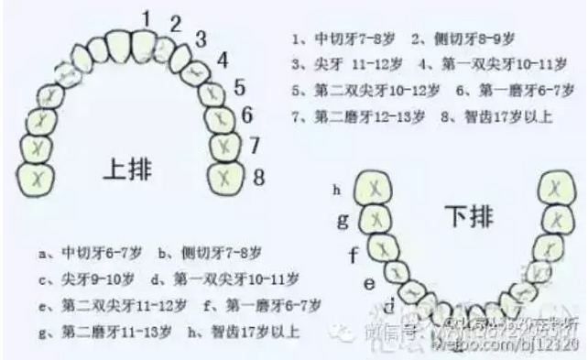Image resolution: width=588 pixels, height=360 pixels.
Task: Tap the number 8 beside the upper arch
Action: [x=258, y=176]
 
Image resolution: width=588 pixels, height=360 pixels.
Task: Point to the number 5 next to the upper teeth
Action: [x=240, y=88]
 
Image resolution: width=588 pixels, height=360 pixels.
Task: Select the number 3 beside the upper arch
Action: [x=200, y=38]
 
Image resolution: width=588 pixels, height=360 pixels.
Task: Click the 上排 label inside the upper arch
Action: [x=130, y=169]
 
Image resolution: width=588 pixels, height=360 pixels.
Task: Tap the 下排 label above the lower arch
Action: [x=463, y=216]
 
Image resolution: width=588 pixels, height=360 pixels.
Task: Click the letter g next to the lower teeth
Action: [x=343, y=220]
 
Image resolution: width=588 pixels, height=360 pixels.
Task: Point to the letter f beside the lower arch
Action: [x=352, y=255]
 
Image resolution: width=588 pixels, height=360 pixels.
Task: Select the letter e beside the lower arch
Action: [x=369, y=284]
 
